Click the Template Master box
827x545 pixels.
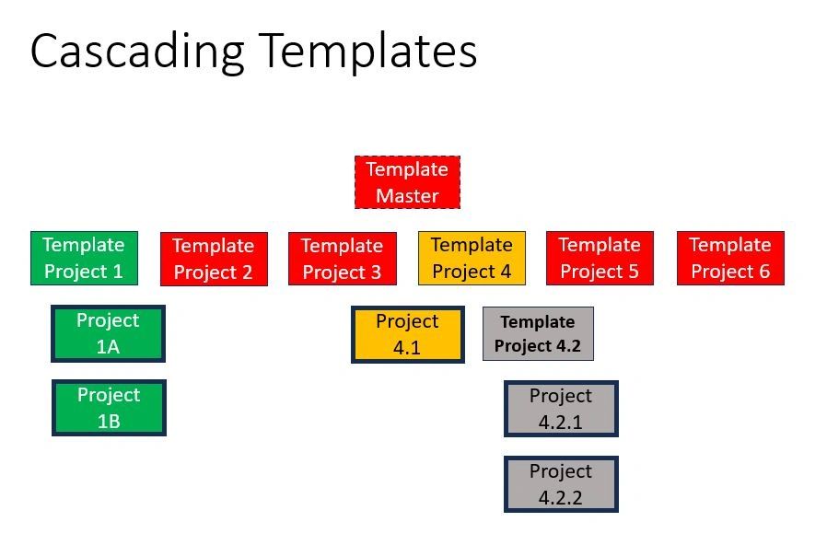tap(407, 182)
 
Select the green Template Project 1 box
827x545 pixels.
tap(84, 259)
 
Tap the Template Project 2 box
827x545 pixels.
tap(214, 260)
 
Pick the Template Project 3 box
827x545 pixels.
tap(342, 260)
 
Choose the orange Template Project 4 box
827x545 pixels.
tap(472, 259)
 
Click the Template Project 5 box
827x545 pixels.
tap(600, 259)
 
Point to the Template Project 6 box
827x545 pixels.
tap(730, 259)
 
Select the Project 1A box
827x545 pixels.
tap(109, 334)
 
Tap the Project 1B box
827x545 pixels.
tap(109, 408)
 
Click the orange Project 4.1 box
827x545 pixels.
tap(407, 335)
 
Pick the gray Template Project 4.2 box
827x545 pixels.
tap(538, 334)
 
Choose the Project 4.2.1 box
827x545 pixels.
tap(561, 409)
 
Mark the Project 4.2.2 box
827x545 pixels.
tap(561, 484)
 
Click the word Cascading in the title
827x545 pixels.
tap(137, 52)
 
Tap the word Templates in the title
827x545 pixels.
tap(367, 52)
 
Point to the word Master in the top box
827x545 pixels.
tap(407, 196)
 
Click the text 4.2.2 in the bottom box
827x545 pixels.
tap(561, 498)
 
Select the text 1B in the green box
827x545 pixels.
tap(109, 422)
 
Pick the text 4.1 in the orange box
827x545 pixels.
tap(407, 349)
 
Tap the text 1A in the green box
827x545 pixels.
tap(109, 348)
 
